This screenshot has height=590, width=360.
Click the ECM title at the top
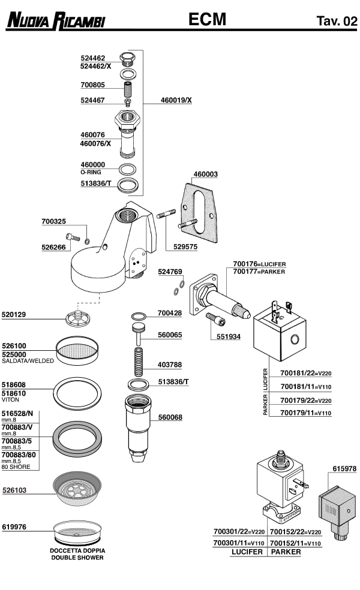click(x=207, y=20)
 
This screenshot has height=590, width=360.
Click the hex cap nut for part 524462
click(x=127, y=59)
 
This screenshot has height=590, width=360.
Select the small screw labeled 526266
click(x=73, y=238)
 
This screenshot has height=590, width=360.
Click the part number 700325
click(x=55, y=222)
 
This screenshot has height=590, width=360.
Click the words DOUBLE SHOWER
click(x=77, y=558)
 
